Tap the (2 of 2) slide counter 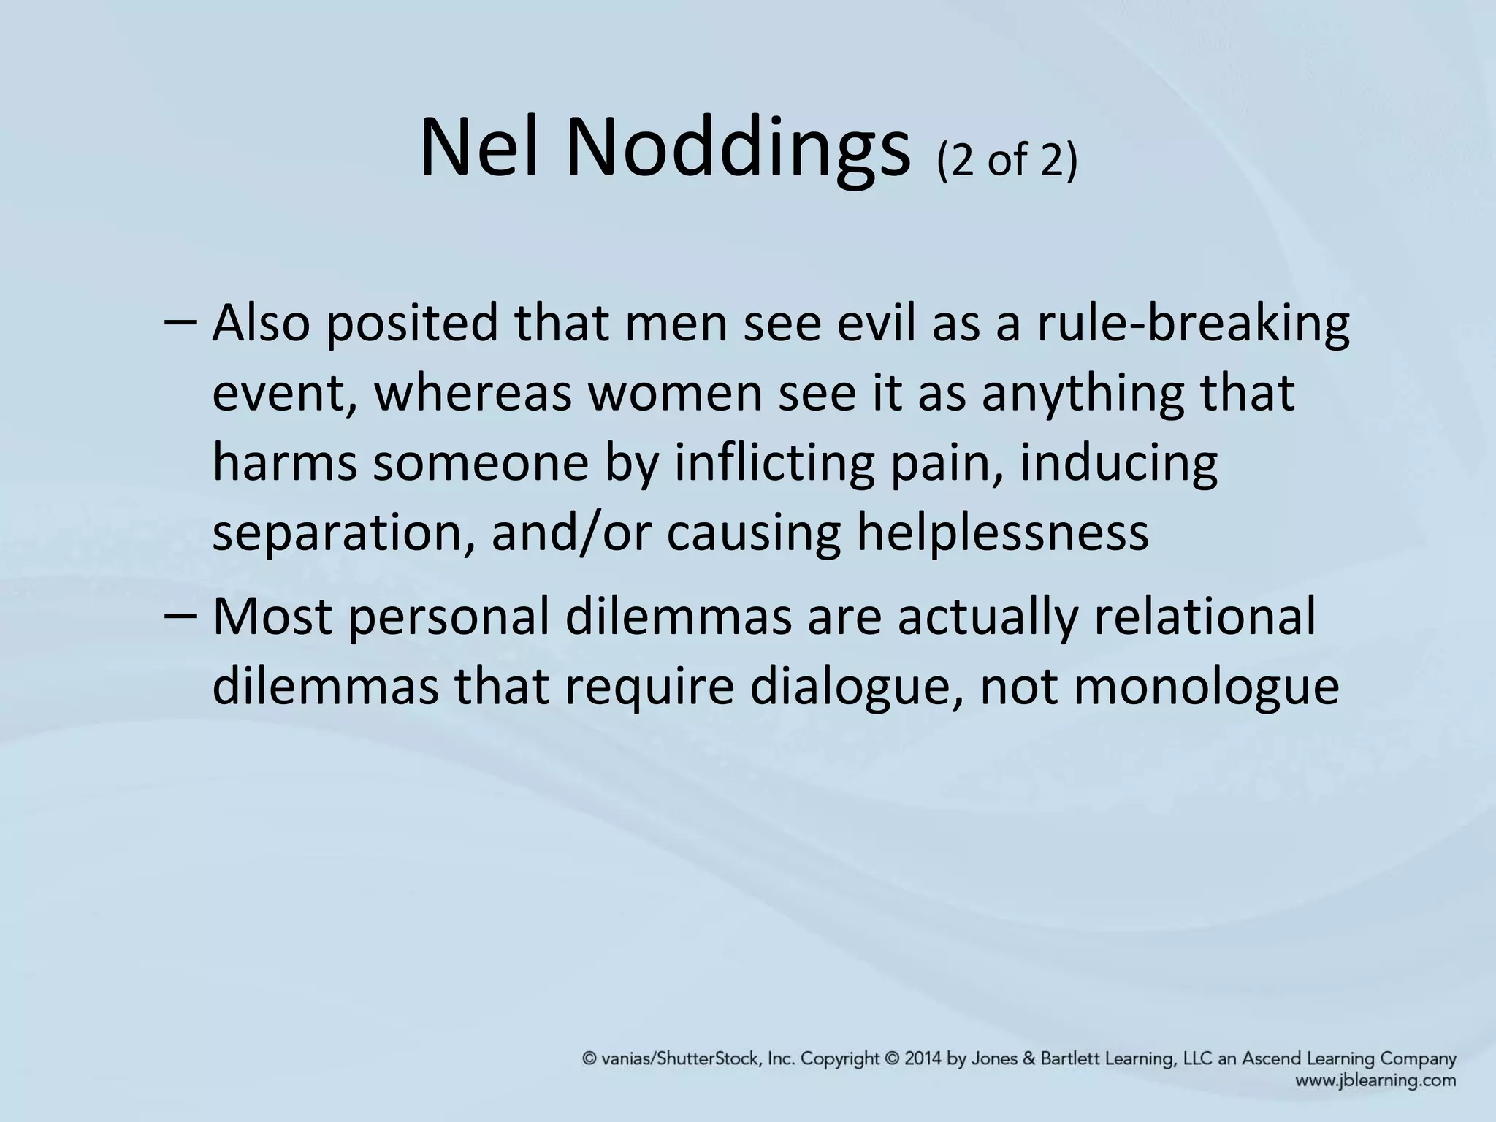[x=1006, y=160]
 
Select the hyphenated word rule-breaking [x=1193, y=323]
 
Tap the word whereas [x=472, y=394]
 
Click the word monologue [x=1159, y=687]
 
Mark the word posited [x=411, y=323]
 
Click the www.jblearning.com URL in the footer [x=1375, y=1080]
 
